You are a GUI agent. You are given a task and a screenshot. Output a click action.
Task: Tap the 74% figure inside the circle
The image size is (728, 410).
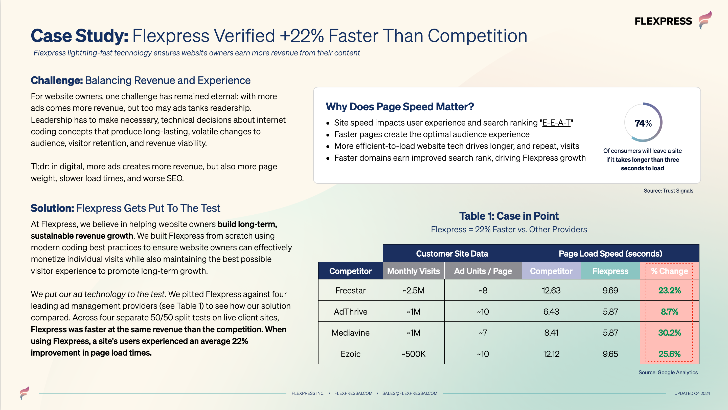643,123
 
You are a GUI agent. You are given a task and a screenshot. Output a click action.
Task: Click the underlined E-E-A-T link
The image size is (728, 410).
556,122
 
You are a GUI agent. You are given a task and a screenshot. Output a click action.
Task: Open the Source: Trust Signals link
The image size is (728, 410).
668,191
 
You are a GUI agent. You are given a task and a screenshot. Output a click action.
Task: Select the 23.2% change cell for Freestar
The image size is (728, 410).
670,290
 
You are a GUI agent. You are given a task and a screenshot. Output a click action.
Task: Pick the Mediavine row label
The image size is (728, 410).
350,333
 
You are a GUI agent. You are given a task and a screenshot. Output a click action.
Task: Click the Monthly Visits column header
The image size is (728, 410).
414,271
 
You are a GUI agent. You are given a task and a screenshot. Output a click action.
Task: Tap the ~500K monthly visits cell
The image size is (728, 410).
414,354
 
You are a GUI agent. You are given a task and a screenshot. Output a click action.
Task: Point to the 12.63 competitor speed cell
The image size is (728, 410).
551,290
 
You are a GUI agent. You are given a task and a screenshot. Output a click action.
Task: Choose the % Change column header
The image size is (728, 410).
670,271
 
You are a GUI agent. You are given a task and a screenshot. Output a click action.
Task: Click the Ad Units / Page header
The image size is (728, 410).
483,271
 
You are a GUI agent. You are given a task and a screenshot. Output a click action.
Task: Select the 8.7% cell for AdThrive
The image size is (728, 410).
670,312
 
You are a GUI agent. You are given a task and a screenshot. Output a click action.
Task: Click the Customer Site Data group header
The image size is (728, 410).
452,254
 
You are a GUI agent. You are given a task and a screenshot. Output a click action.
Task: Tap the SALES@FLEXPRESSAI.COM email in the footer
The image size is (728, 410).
410,393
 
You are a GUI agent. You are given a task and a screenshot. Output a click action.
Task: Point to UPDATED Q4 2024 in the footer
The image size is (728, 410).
692,393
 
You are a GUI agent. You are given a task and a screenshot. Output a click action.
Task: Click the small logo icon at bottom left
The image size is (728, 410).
25,393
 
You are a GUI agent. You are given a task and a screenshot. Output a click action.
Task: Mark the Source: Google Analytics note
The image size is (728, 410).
668,372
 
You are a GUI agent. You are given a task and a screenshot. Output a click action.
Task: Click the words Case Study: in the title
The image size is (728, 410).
79,36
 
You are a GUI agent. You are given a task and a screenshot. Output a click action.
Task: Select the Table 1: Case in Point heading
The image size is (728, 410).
509,216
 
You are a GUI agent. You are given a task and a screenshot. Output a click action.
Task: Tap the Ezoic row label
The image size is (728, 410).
350,354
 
